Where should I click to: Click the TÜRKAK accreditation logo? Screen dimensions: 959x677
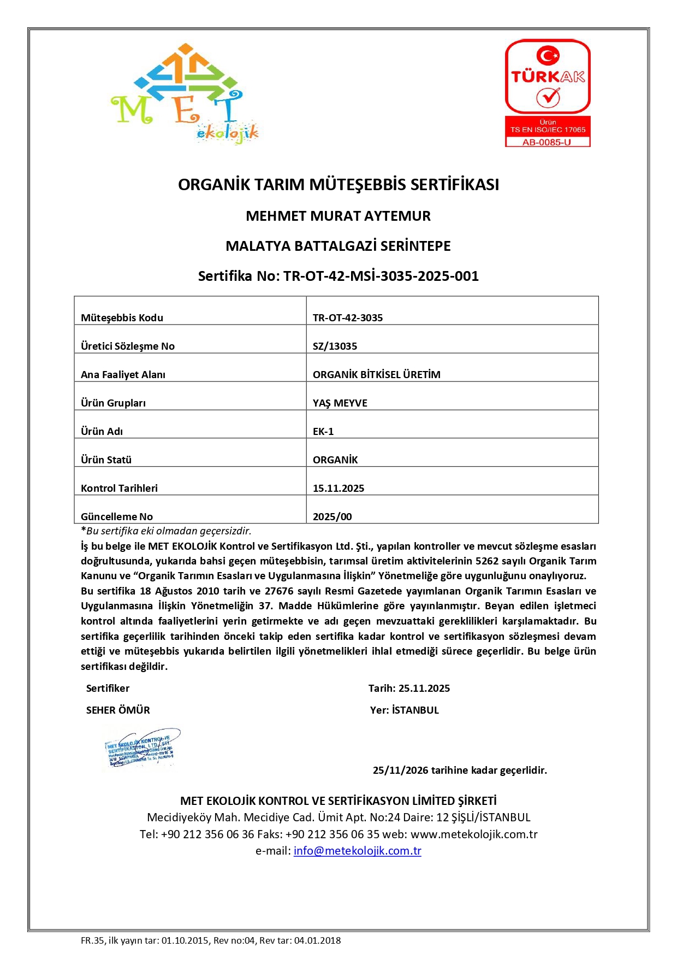[548, 77]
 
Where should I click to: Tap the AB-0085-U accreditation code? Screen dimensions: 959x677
[547, 142]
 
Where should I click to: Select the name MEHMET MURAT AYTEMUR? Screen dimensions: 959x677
[338, 216]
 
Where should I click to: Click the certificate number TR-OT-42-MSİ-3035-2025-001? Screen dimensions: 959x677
[381, 276]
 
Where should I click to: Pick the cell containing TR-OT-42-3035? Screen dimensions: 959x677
[348, 317]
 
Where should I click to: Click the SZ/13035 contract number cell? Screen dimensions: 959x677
[335, 346]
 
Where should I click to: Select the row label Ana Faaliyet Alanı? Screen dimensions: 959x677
[123, 374]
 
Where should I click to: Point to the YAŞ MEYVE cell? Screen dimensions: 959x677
[340, 403]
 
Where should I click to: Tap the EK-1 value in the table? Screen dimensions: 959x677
[323, 431]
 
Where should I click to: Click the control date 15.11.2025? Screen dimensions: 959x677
[339, 488]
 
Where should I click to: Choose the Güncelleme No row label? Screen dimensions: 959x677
[117, 516]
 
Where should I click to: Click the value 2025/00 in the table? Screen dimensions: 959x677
[332, 516]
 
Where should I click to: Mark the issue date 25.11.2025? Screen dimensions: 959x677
[424, 689]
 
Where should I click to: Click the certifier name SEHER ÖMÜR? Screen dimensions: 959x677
[118, 710]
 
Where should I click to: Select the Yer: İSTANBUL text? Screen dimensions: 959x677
[405, 710]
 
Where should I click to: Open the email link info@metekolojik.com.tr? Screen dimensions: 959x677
[357, 851]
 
